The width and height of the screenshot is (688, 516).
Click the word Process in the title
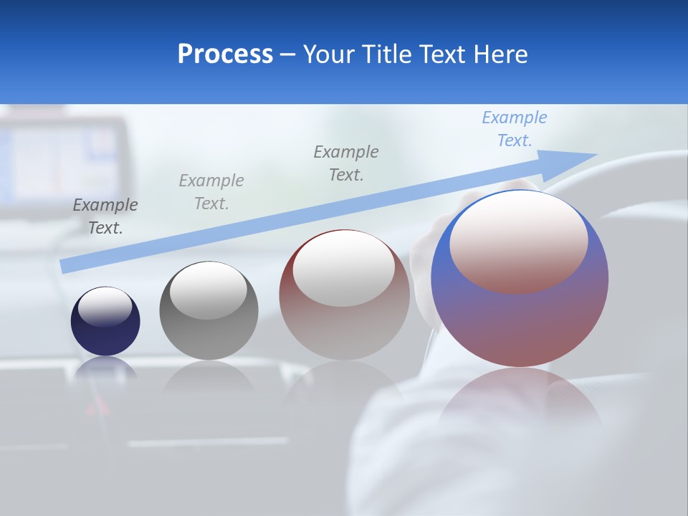click(225, 54)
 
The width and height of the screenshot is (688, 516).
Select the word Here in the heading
click(500, 54)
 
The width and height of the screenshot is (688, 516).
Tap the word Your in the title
click(328, 54)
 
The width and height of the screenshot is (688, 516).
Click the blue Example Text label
click(515, 129)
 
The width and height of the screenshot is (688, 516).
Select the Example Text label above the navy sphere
click(105, 216)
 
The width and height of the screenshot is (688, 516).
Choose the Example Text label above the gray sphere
click(211, 192)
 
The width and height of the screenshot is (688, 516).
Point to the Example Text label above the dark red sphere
click(346, 163)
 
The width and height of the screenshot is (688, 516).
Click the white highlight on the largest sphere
click(519, 240)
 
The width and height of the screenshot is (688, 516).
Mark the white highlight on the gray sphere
click(209, 290)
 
